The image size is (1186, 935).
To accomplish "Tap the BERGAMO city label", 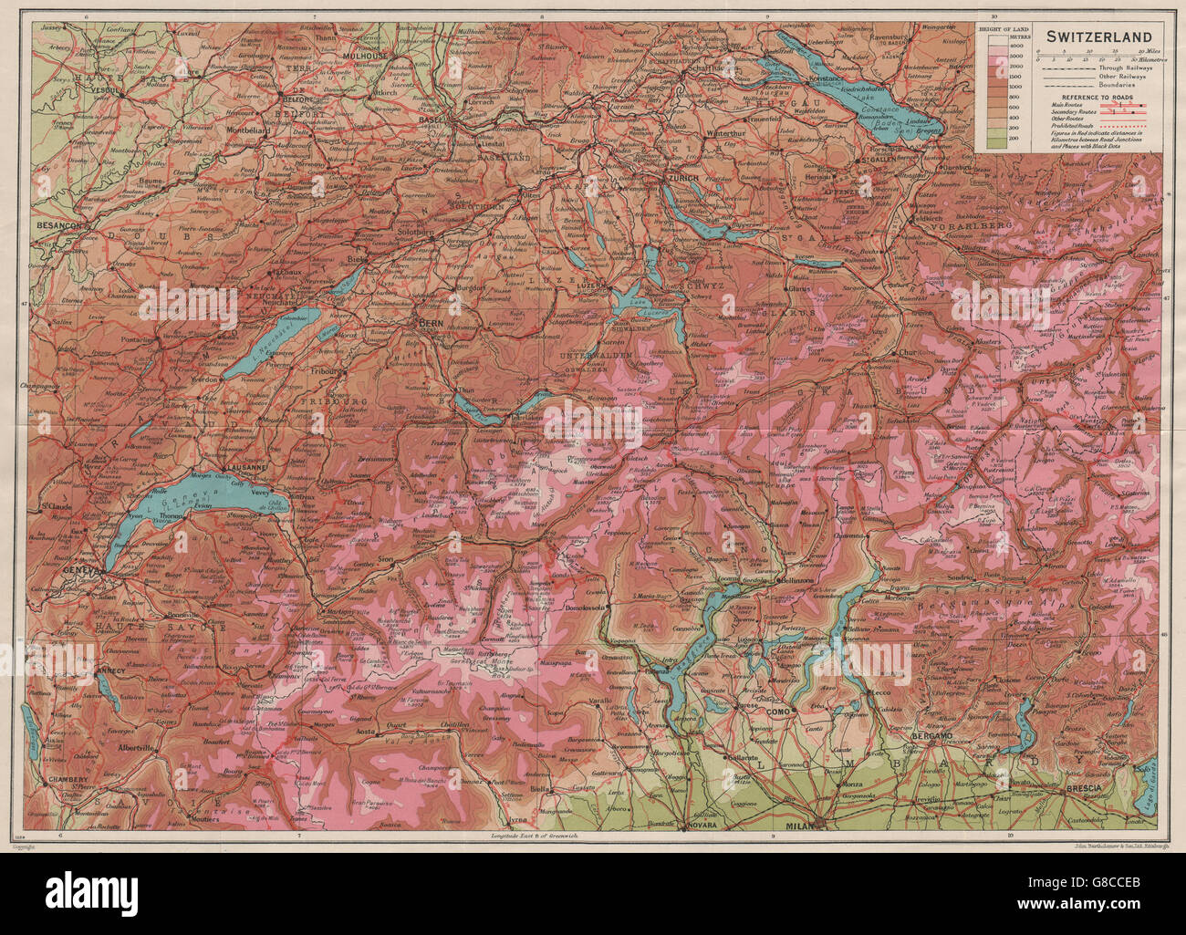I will pyautogui.click(x=931, y=734).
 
